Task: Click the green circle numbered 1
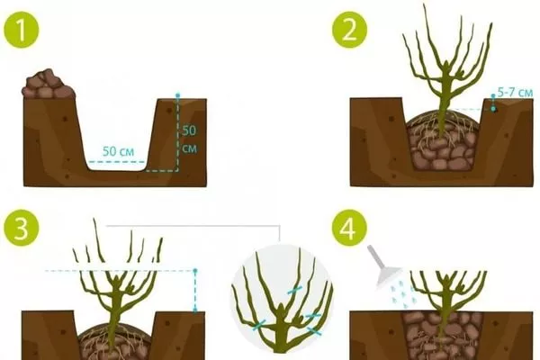tap(21, 30)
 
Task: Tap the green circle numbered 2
tap(350, 30)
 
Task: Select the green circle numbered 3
tap(21, 228)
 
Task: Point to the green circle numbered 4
tap(350, 228)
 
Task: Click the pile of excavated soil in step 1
tap(48, 85)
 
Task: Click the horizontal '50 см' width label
tap(118, 151)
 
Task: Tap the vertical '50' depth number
tap(189, 130)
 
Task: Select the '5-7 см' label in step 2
tap(515, 93)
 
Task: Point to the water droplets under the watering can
tap(403, 293)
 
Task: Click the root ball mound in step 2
tap(442, 141)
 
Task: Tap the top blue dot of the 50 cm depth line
tap(177, 95)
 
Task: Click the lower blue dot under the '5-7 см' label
tap(494, 109)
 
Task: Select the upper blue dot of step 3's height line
tap(195, 271)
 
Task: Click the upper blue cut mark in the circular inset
tap(295, 291)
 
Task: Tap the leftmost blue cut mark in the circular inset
tap(259, 325)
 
